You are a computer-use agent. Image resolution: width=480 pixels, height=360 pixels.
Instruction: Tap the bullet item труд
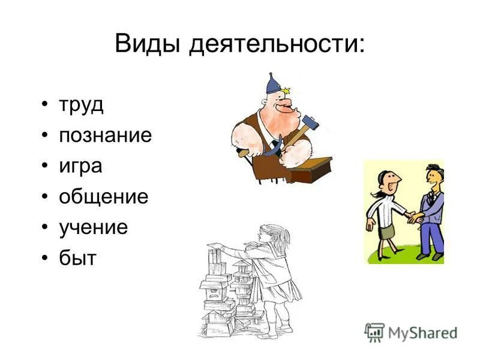(x=81, y=105)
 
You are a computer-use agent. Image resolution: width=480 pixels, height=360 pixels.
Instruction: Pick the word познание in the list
(x=105, y=136)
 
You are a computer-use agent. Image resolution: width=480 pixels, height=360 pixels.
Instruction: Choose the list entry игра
(x=80, y=166)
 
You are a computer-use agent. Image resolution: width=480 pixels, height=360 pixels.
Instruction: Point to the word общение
(x=103, y=197)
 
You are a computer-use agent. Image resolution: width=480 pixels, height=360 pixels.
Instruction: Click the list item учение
(x=93, y=227)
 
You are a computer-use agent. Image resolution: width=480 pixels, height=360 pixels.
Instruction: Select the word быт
(x=77, y=258)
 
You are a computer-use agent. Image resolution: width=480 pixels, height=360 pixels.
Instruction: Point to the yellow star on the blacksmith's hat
(x=286, y=89)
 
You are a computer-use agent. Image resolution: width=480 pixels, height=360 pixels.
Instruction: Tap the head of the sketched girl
(x=271, y=235)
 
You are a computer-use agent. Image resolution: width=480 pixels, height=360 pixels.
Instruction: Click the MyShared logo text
(x=422, y=332)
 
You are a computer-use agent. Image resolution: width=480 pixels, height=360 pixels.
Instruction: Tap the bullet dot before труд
(x=46, y=106)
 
